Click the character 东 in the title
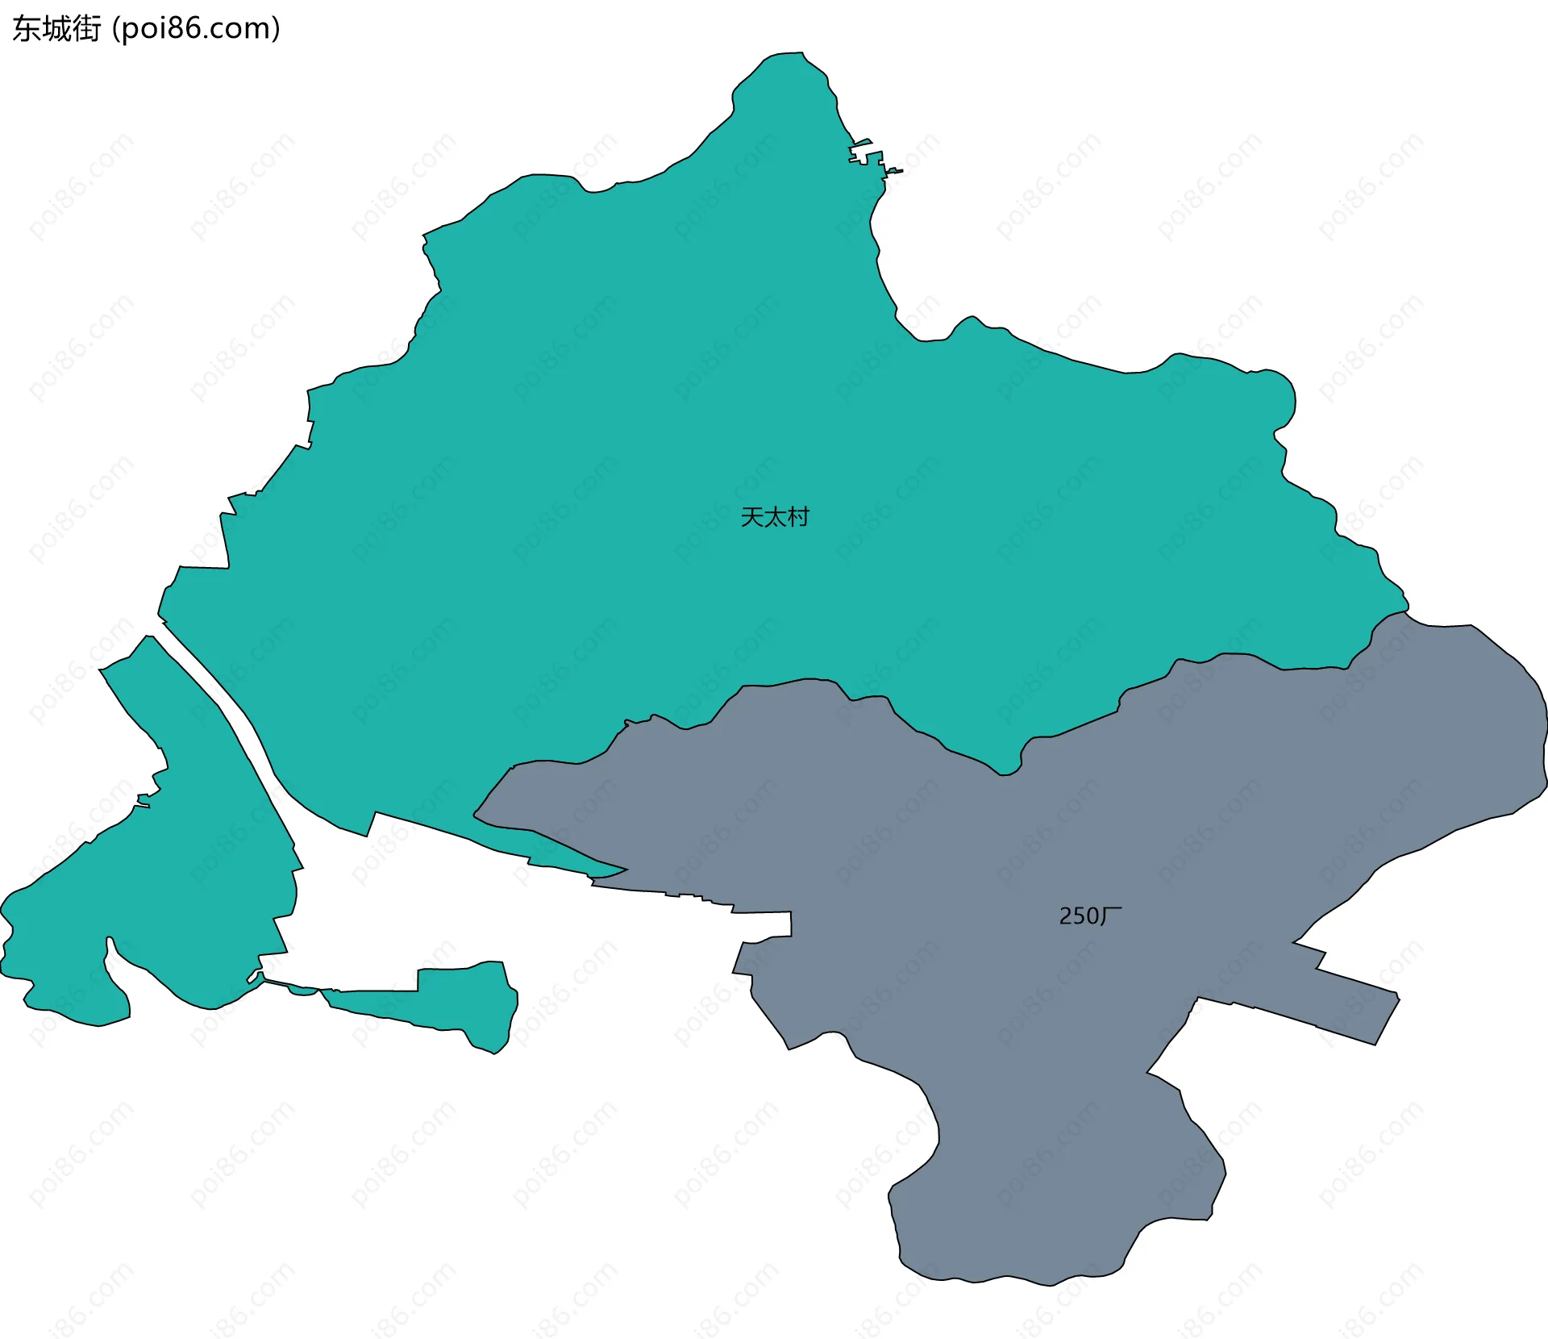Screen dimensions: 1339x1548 pos(27,29)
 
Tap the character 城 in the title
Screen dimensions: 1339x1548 pos(56,29)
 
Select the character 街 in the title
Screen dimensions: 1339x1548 pos(86,29)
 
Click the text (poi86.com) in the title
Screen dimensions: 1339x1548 pos(197,29)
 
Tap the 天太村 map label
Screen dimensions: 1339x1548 pos(774,517)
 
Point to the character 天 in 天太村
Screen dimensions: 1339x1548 pos(751,517)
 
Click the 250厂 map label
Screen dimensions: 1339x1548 pos(1090,916)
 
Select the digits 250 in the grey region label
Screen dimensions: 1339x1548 pos(1078,916)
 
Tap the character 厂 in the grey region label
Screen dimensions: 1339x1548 pos(1112,916)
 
